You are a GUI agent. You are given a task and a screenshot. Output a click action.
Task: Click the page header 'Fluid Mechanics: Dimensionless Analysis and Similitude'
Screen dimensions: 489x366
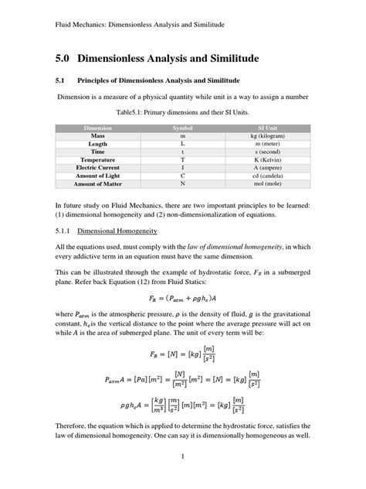point(134,25)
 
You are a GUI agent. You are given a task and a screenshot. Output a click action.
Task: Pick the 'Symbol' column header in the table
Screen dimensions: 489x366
point(182,126)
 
